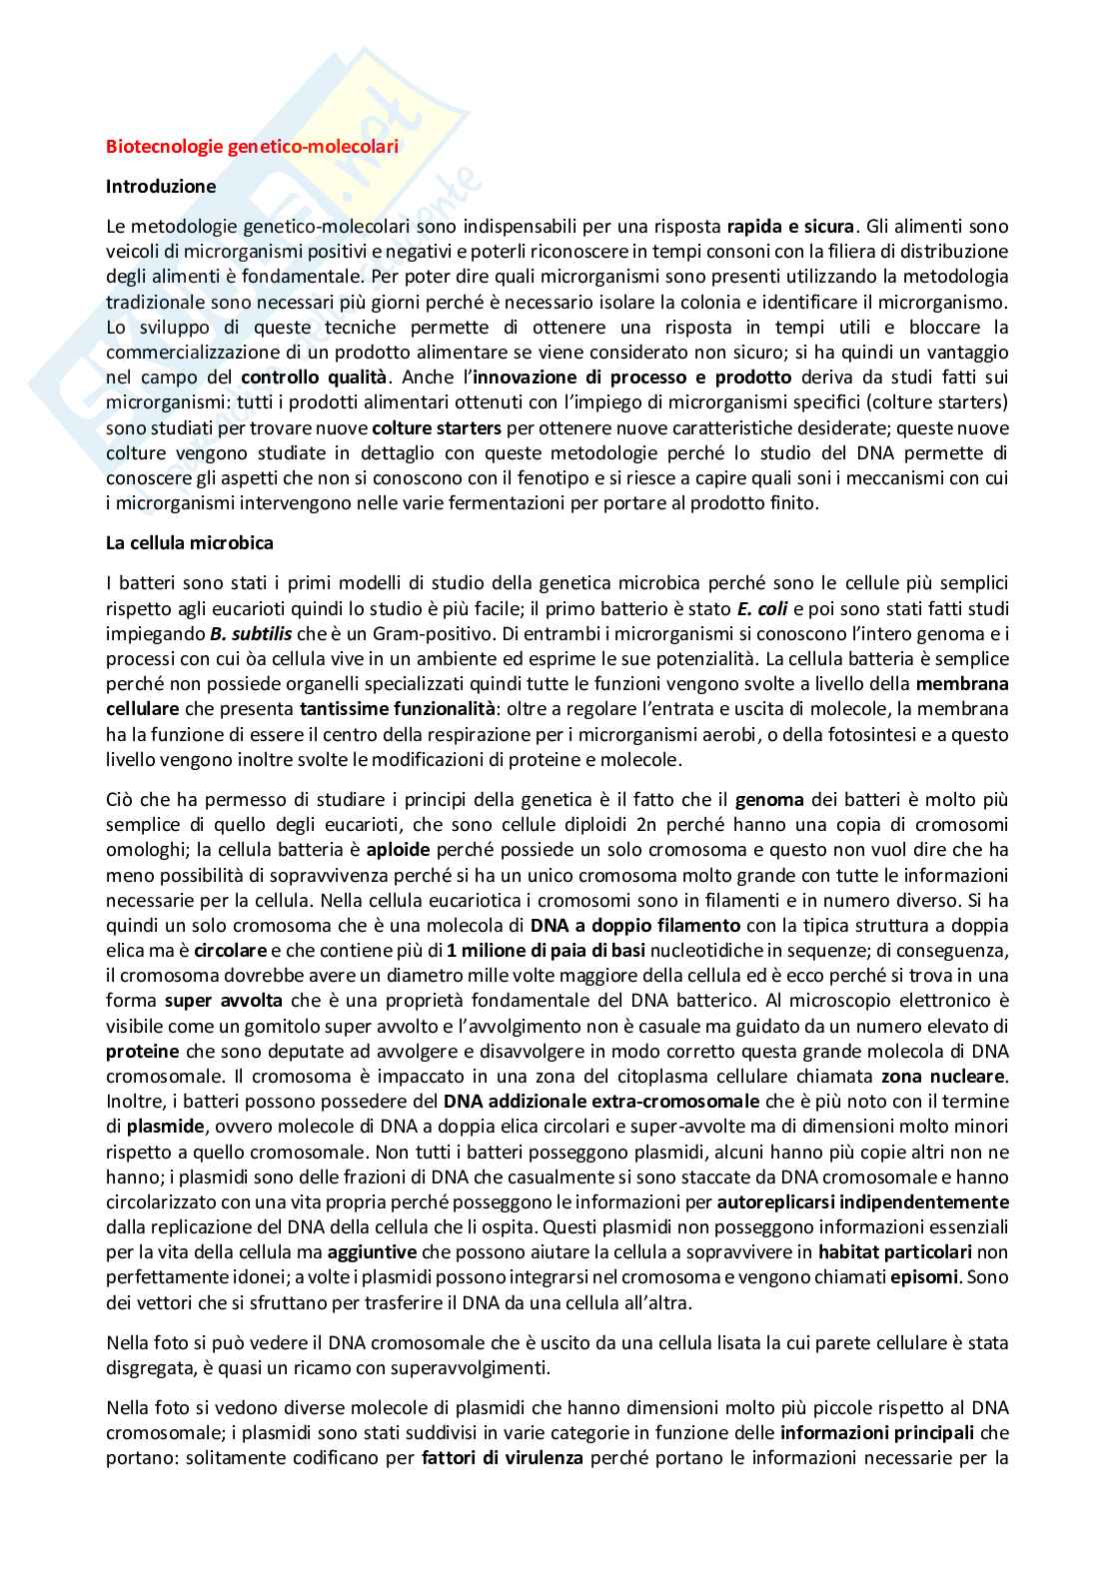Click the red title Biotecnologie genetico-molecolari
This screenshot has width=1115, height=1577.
[x=252, y=147]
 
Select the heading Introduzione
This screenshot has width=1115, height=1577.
[x=160, y=186]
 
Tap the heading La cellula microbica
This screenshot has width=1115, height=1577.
[x=189, y=543]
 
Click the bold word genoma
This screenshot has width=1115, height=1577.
[x=768, y=799]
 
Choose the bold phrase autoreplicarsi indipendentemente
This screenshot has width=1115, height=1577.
[x=863, y=1202]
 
